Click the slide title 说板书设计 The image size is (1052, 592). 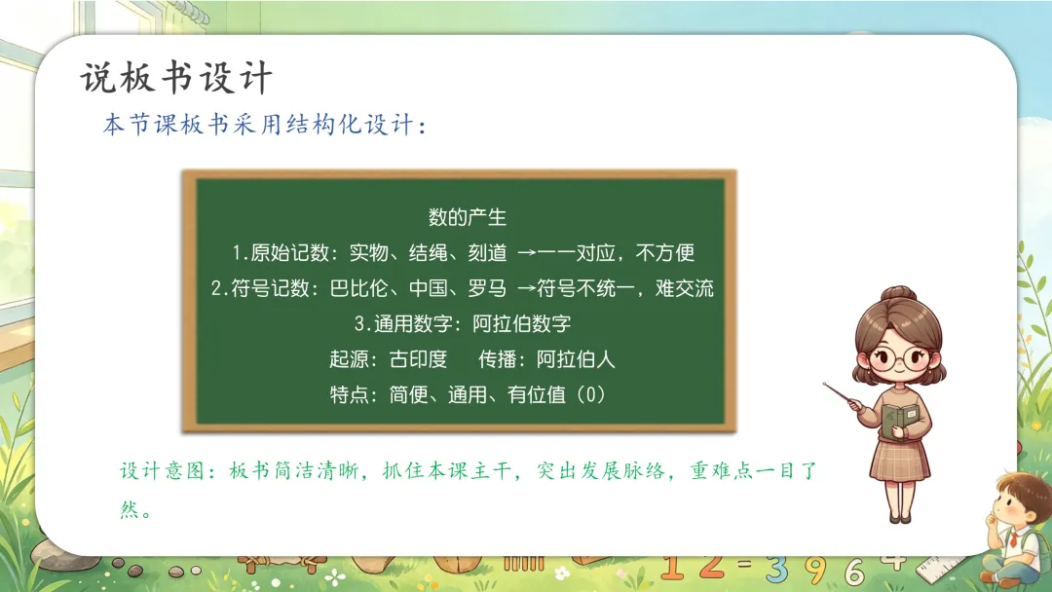[176, 77]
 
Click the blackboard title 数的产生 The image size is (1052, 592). [467, 217]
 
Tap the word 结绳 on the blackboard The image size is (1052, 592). [428, 253]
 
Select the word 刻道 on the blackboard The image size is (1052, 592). [487, 253]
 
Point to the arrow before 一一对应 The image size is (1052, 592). [527, 253]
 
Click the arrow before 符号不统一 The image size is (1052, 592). [527, 289]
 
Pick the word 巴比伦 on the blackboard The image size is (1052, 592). [358, 288]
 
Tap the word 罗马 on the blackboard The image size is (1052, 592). [487, 288]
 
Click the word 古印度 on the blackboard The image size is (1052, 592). [418, 359]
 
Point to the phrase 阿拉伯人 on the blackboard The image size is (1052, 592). [576, 359]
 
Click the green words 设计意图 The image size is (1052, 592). [162, 470]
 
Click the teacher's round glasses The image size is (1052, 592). [898, 360]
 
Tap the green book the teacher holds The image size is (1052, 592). [898, 422]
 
